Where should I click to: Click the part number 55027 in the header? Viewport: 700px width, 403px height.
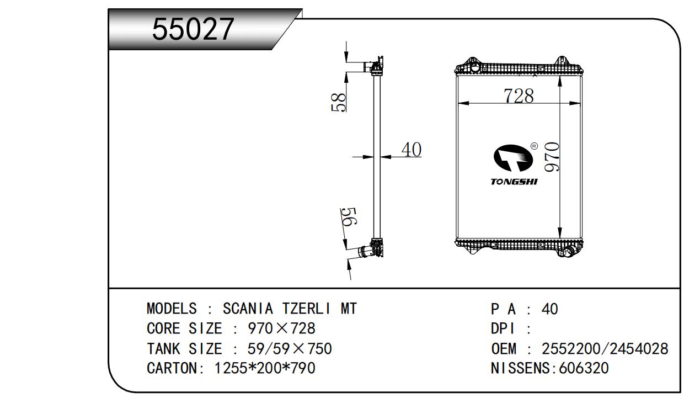click(x=193, y=29)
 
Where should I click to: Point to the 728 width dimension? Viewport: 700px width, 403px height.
click(x=519, y=96)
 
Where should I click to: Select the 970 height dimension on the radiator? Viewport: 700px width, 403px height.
click(x=552, y=157)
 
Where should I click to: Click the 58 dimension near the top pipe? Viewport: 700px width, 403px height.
click(x=339, y=102)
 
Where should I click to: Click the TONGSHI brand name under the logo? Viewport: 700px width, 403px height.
click(x=514, y=182)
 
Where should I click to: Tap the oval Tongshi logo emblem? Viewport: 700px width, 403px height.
click(x=513, y=158)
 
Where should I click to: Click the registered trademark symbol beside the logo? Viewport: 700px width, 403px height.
click(x=534, y=146)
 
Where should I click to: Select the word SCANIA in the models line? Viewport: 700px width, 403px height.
click(x=248, y=309)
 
